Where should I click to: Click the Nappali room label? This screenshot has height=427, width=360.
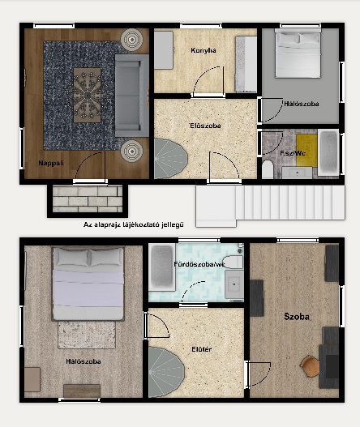pos(51,163)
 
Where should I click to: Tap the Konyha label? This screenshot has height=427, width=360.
pos(204,50)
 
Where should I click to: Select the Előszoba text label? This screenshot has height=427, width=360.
pos(205,126)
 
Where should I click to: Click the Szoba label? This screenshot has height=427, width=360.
pos(297,317)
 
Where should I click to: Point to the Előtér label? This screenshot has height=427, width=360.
pos(201,349)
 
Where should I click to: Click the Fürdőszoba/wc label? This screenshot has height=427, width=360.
pos(199,264)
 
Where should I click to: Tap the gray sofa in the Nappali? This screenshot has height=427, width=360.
pos(132,96)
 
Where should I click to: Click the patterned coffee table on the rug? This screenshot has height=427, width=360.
pos(88,95)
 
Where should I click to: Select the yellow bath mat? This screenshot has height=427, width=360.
pos(306,150)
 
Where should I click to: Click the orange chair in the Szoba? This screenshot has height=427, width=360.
pos(310,365)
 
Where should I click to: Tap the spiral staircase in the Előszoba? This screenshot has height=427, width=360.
pos(170,159)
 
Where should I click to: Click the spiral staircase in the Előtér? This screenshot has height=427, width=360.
pos(166,372)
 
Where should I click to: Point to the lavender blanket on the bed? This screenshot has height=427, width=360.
pos(88,288)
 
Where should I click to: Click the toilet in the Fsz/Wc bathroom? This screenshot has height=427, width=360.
pos(268,169)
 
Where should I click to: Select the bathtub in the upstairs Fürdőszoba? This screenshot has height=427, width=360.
pos(162,267)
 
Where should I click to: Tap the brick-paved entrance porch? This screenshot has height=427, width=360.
pos(88,199)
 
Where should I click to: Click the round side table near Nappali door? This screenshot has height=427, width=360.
pos(132,152)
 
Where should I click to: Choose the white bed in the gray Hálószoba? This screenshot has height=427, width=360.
pos(298,53)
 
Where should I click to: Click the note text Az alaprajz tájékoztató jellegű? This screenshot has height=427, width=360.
pos(134,224)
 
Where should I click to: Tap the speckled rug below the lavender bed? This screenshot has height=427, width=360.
pos(87,335)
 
